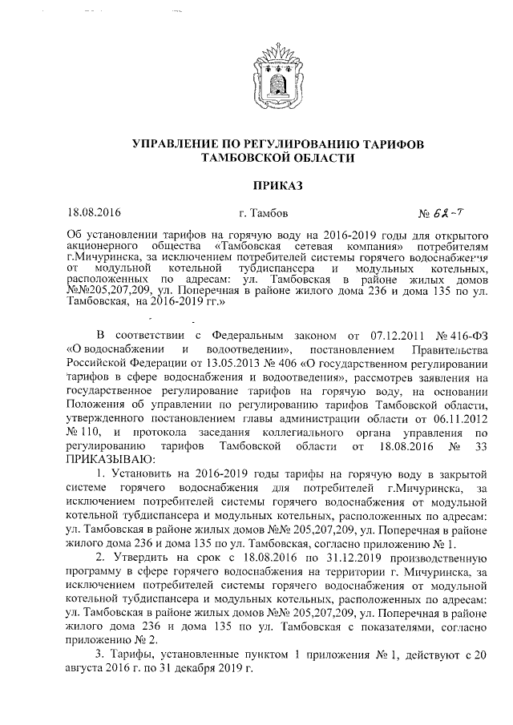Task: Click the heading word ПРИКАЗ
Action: tap(277, 186)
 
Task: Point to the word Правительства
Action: tap(449, 373)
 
